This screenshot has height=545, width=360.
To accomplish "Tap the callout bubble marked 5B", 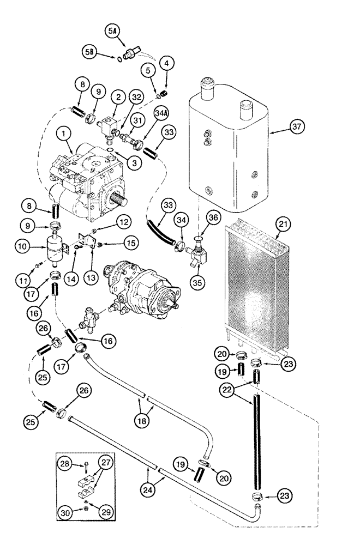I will [x=90, y=53].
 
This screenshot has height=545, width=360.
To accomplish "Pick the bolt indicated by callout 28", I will [x=87, y=465].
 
